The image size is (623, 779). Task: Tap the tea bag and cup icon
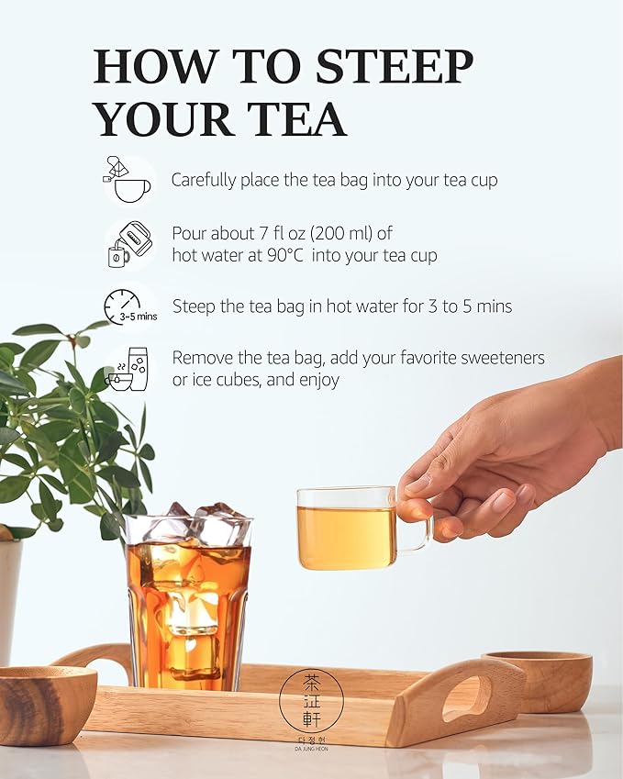(127, 179)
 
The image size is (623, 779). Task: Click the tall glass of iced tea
(188, 606)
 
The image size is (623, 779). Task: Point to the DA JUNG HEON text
(311, 749)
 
